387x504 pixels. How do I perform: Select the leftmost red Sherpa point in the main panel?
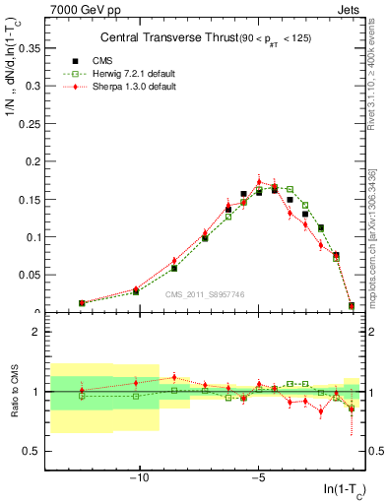[x=82, y=303]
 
